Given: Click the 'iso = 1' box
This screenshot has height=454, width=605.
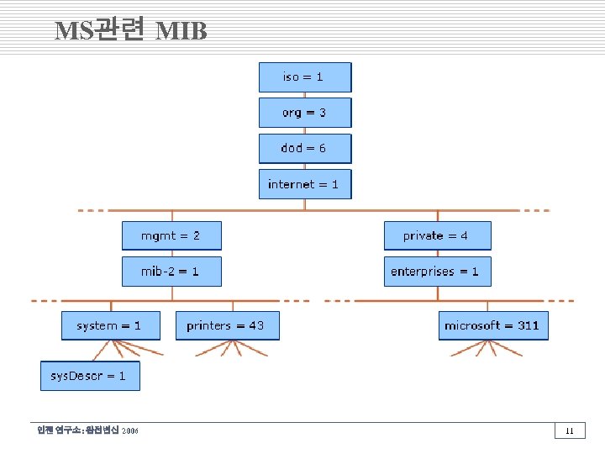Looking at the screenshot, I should coord(304,77).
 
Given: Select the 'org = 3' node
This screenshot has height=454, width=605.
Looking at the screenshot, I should coord(304,113).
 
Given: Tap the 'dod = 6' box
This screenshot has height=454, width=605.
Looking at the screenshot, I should coord(304,148).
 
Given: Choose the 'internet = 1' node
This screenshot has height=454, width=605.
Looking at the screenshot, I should coord(304,184).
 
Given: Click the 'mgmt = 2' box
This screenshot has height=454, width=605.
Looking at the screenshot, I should coord(171,235).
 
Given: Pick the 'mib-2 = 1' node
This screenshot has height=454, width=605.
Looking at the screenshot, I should coord(171,272).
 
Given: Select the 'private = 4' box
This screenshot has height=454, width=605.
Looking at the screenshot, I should coord(437,235).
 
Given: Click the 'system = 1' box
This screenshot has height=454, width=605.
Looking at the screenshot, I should coord(109,325).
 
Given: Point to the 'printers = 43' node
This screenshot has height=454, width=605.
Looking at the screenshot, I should coord(227,325).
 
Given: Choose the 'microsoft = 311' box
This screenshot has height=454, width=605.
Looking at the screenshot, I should coord(492,325).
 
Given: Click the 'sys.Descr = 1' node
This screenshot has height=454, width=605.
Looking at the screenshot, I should coord(89,376).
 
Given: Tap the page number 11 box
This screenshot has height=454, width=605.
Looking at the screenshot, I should coord(570,431).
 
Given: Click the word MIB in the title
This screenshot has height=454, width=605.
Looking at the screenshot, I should coord(181,31).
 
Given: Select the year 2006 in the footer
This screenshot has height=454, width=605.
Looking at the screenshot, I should coord(130,431).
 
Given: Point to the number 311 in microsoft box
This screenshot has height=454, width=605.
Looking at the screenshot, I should coord(529,325).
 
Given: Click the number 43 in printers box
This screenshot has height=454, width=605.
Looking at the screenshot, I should coord(255,325).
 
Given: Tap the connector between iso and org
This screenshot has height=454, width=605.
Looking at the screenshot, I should coord(304,95).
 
